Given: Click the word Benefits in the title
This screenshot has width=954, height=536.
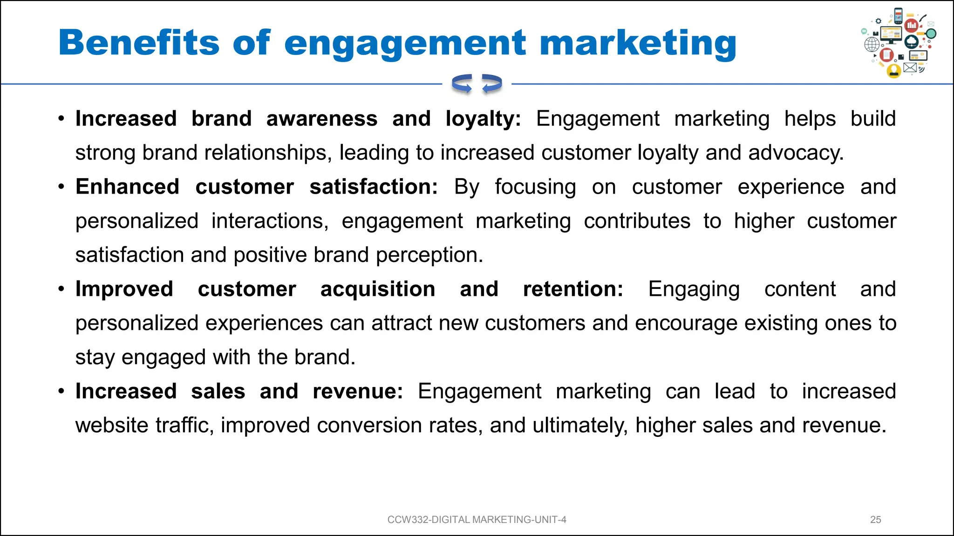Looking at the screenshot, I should (x=138, y=43).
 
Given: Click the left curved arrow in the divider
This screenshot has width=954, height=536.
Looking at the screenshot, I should (x=462, y=84).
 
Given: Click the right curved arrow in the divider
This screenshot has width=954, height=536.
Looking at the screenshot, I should (x=492, y=84).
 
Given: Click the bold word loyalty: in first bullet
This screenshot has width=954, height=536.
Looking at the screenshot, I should (x=483, y=119).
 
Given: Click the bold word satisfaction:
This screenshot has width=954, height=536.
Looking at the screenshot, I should (x=374, y=187).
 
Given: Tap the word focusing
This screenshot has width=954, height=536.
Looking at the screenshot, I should (x=535, y=187).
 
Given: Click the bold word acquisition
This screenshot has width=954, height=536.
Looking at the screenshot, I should (x=377, y=289).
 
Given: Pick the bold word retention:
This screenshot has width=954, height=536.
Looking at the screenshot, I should (x=573, y=289).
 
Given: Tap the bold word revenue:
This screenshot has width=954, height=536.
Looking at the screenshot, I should (x=357, y=392).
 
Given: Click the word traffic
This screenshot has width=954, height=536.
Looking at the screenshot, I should (x=184, y=426).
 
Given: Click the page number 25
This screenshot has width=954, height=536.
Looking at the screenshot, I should (x=875, y=520).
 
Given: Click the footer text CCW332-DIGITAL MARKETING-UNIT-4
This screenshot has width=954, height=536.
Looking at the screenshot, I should (x=477, y=520).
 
